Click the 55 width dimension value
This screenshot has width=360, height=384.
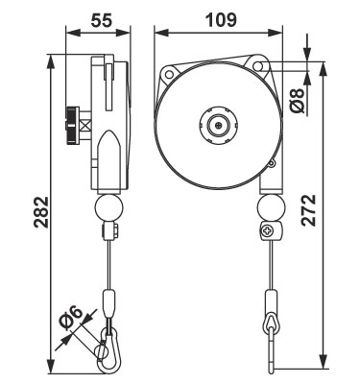pyautogui.click(x=102, y=20)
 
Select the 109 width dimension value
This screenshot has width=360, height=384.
pyautogui.click(x=221, y=20)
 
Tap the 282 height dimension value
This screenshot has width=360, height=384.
pyautogui.click(x=42, y=212)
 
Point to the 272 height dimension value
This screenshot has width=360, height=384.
pyautogui.click(x=309, y=210)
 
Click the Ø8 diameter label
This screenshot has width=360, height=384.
pyautogui.click(x=298, y=101)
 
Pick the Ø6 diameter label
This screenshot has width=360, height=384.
pyautogui.click(x=72, y=319)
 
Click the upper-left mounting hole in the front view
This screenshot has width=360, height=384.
pyautogui.click(x=168, y=74)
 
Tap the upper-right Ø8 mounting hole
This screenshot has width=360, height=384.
pyautogui.click(x=258, y=65)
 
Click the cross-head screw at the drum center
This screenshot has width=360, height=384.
pyautogui.click(x=219, y=125)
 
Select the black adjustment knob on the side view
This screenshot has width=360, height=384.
pyautogui.click(x=72, y=125)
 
